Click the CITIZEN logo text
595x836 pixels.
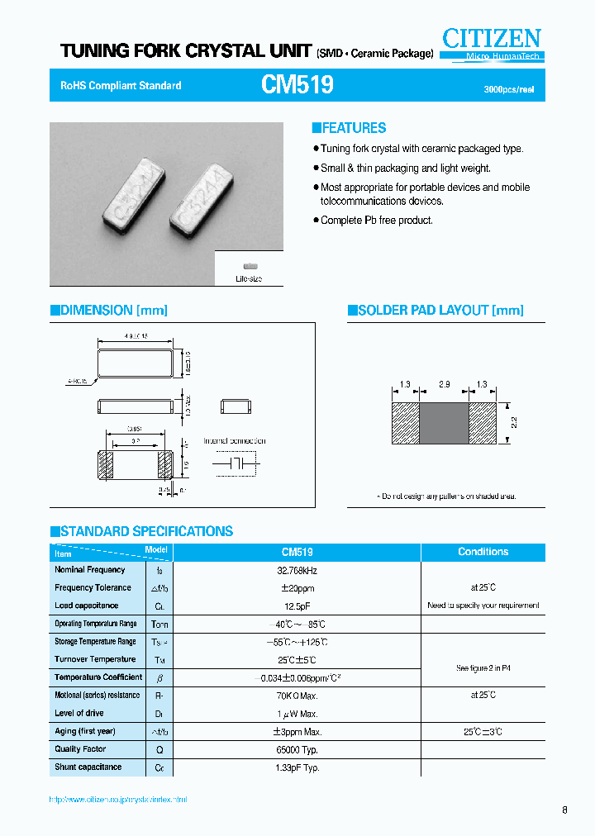[491, 38]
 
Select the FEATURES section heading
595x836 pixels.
[349, 128]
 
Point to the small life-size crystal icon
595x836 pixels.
[249, 267]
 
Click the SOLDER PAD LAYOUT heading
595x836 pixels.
[436, 311]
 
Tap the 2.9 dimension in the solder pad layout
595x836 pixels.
[444, 385]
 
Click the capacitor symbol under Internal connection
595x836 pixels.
[235, 463]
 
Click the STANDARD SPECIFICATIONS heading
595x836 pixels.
[142, 531]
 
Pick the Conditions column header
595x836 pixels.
[483, 552]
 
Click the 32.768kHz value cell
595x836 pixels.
[297, 571]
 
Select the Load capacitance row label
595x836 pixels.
[86, 606]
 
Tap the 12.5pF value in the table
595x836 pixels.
[297, 606]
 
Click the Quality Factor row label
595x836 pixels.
[80, 749]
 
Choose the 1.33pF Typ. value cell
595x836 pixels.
[297, 767]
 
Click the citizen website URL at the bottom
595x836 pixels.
[118, 800]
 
